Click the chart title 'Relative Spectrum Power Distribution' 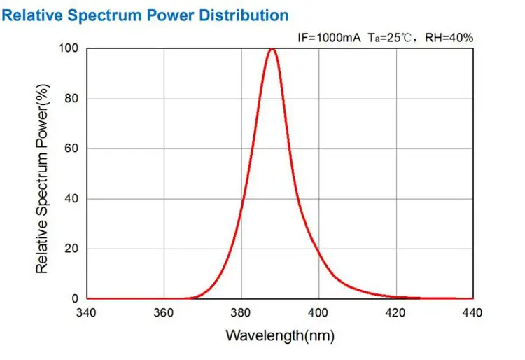pos(146,14)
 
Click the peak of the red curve pos(272,49)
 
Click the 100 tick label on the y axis pos(69,48)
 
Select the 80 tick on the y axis pos(71,99)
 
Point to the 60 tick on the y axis pos(71,148)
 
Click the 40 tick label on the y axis pos(71,199)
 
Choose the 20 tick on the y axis pos(71,249)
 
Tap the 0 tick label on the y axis pos(75,299)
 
